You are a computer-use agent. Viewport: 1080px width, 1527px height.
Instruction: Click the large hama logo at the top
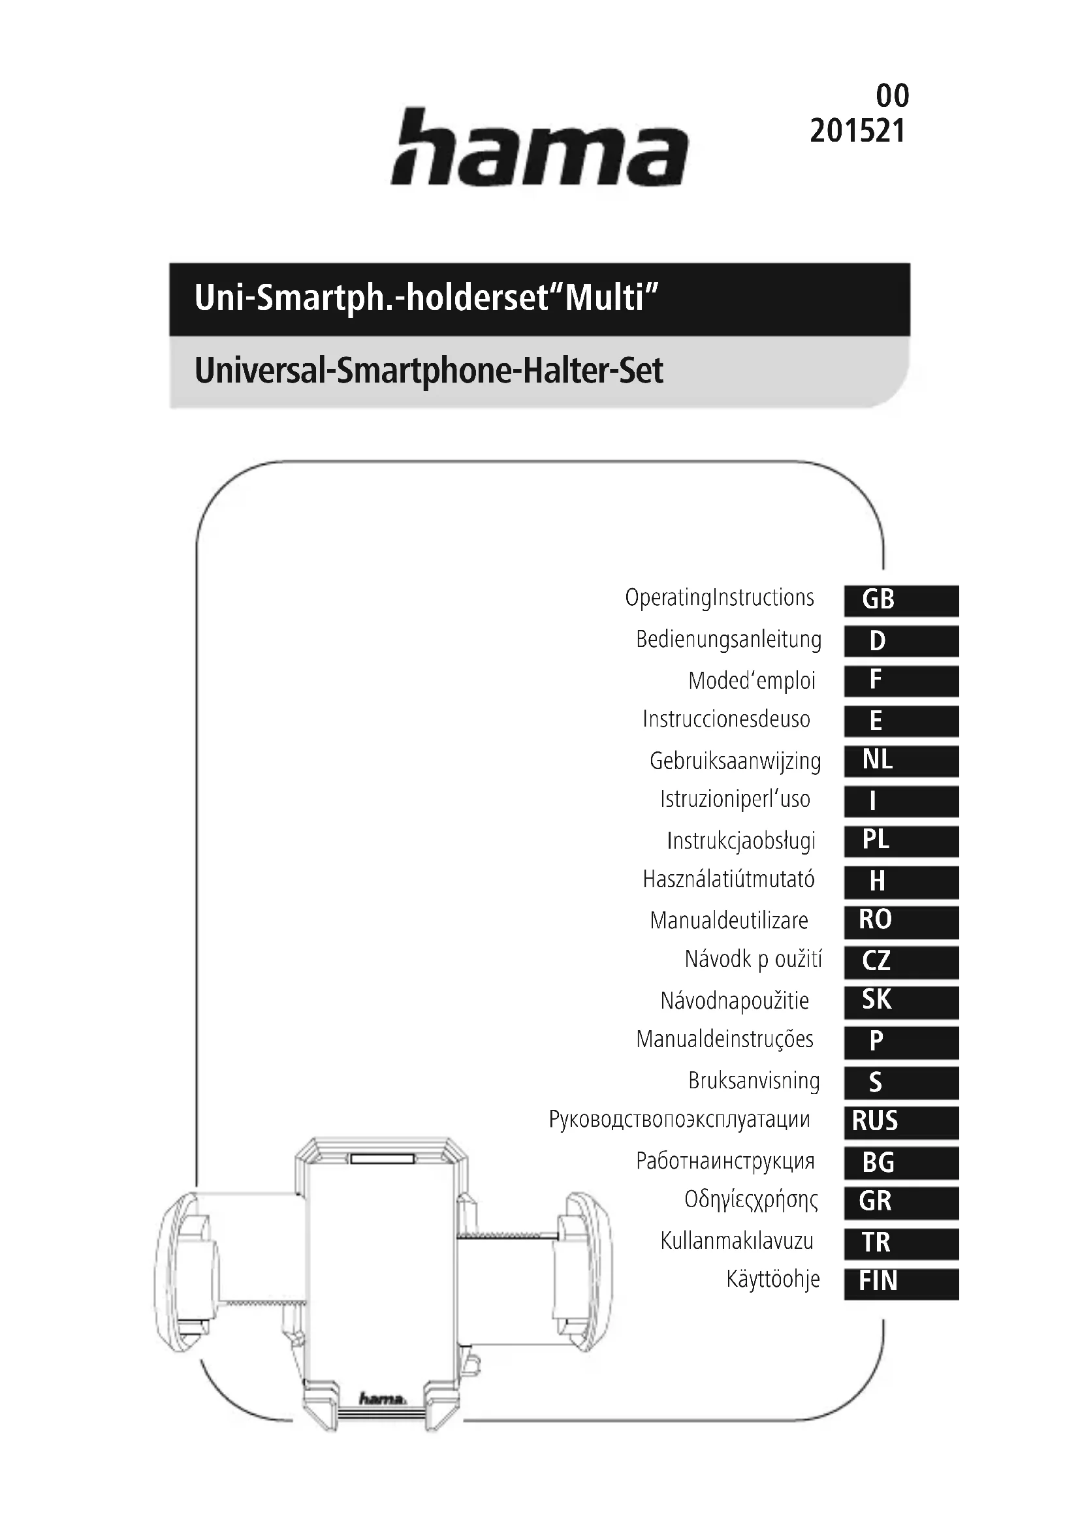click(x=539, y=148)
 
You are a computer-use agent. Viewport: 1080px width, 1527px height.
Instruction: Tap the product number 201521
click(x=857, y=131)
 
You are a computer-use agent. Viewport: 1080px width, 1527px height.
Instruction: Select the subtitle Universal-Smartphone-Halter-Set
click(x=429, y=371)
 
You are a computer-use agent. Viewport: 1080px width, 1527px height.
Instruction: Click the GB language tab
click(x=901, y=600)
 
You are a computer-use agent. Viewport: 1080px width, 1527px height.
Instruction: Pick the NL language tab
click(x=901, y=760)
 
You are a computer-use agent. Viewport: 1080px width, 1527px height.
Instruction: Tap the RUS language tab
click(x=901, y=1122)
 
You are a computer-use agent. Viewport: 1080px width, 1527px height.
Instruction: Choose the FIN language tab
click(x=901, y=1282)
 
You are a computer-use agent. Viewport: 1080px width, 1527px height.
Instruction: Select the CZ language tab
click(x=901, y=961)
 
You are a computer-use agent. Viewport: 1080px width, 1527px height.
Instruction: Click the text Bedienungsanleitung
click(x=728, y=640)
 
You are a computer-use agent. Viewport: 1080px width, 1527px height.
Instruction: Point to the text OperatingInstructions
click(x=719, y=598)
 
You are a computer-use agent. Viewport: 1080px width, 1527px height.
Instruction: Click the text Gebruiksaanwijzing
click(x=735, y=761)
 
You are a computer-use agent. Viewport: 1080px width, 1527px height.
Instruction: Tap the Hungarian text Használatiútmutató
click(x=728, y=880)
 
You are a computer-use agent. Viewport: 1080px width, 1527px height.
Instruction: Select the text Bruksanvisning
click(x=754, y=1080)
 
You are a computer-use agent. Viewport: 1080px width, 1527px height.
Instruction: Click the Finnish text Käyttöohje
click(x=772, y=1279)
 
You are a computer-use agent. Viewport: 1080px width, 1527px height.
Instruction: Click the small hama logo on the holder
click(x=382, y=1398)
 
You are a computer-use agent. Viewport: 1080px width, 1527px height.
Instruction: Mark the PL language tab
click(x=901, y=841)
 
